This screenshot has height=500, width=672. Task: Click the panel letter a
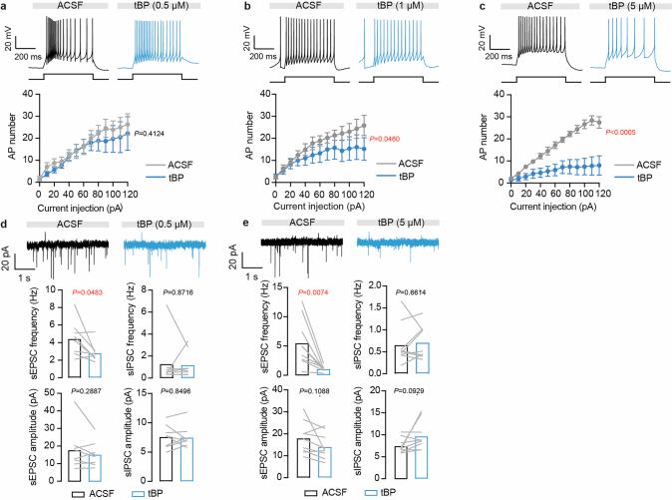pyautogui.click(x=5, y=7)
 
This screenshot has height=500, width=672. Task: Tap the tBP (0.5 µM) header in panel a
pyautogui.click(x=156, y=7)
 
